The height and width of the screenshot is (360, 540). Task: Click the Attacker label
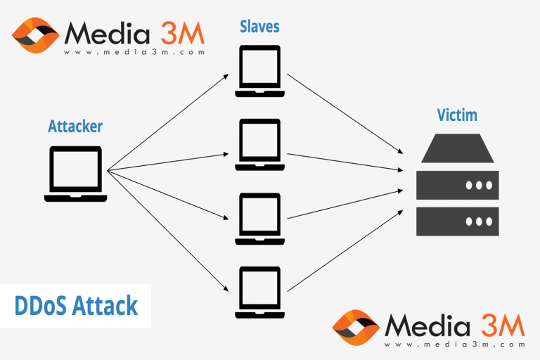(75, 127)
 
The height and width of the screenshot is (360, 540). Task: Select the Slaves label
(259, 27)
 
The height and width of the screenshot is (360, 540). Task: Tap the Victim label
(458, 115)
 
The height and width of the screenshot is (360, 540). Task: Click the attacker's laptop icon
(75, 174)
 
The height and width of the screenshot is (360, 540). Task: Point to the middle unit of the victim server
(458, 185)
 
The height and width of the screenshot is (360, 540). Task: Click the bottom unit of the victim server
(458, 221)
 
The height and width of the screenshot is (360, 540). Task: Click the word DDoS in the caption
(44, 307)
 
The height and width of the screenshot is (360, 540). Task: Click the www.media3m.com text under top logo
(134, 52)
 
